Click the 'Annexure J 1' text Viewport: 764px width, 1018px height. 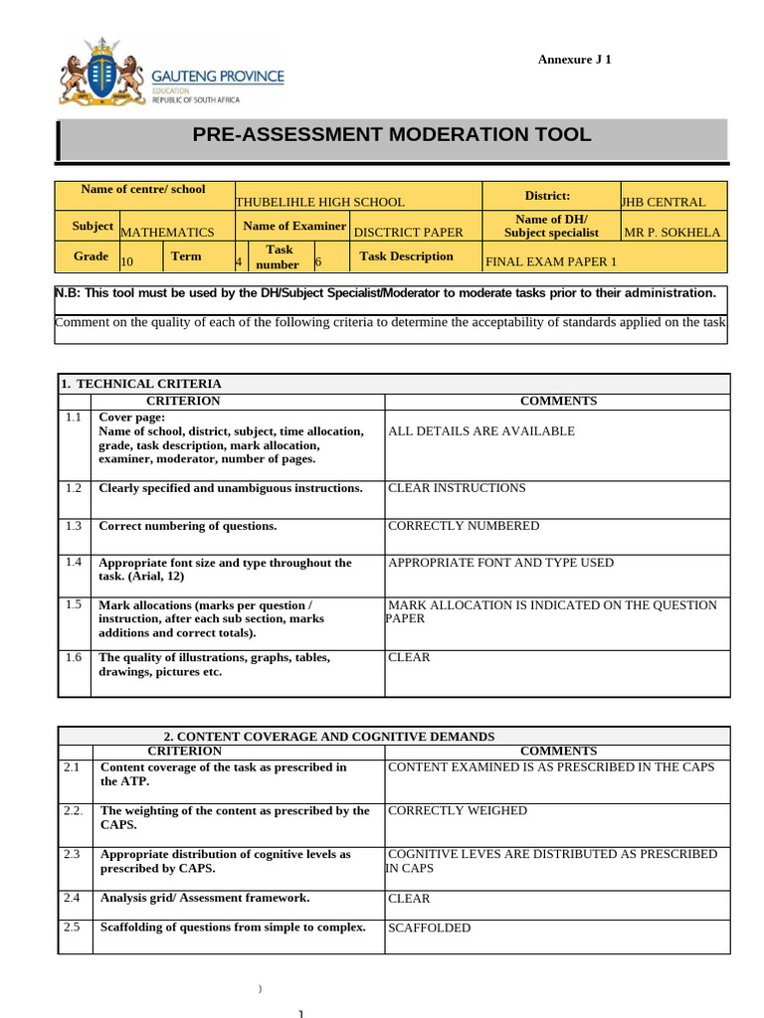574,60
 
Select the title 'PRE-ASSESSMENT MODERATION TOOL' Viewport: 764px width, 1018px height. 392,135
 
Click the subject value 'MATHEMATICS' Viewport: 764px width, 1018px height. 167,233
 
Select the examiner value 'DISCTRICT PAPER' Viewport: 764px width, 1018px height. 409,233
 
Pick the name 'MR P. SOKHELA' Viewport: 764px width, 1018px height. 671,233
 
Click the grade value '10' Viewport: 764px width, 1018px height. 127,262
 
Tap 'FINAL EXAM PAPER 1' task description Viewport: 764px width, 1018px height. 550,262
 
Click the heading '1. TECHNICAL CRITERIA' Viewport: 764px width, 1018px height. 141,384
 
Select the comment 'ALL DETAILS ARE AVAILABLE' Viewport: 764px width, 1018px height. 481,431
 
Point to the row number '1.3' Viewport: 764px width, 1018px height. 74,526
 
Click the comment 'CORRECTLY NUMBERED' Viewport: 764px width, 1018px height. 464,526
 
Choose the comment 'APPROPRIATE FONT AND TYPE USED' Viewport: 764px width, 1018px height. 500,563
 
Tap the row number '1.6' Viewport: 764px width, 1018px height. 74,657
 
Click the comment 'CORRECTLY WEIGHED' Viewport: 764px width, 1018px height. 458,810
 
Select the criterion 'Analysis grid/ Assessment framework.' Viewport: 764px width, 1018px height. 205,898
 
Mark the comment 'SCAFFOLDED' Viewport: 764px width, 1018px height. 429,929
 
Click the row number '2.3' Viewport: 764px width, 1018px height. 72,854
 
